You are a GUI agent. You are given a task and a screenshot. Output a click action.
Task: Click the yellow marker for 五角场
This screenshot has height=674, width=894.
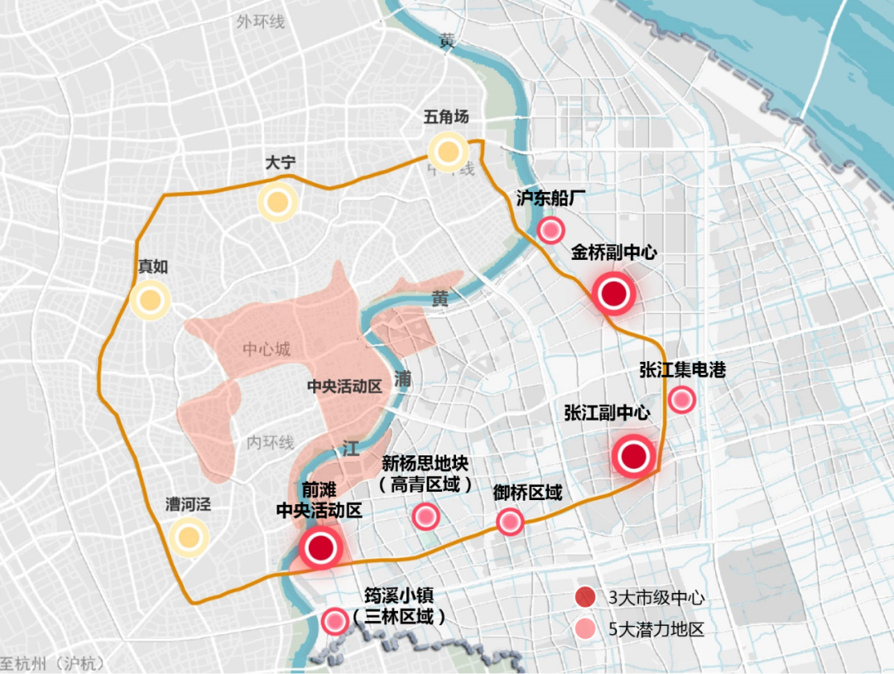(448, 152)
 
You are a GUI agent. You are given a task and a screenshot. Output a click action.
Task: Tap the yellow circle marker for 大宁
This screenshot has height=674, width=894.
(277, 202)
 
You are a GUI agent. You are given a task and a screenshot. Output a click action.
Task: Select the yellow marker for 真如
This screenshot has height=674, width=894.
(150, 301)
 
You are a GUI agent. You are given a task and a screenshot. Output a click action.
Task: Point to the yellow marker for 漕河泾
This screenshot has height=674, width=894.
(188, 537)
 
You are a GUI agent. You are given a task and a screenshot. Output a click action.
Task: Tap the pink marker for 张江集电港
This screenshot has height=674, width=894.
(681, 400)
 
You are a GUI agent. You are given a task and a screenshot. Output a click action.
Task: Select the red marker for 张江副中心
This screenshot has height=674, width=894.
(634, 456)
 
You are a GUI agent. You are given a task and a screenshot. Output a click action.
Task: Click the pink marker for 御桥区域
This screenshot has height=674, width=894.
(509, 522)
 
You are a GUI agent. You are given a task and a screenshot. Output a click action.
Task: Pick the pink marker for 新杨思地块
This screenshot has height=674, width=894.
(425, 517)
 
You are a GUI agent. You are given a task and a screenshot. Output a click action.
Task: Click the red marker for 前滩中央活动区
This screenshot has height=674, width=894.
(320, 547)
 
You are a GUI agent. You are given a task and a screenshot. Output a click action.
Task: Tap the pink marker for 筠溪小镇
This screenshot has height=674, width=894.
(334, 620)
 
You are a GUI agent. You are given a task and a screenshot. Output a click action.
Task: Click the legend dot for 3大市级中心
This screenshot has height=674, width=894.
(585, 597)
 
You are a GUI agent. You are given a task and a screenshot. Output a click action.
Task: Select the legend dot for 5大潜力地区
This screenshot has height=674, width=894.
(585, 628)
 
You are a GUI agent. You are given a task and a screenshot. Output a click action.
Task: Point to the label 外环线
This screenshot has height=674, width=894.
(260, 22)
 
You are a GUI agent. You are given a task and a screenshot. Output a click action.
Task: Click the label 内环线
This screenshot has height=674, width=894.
(271, 443)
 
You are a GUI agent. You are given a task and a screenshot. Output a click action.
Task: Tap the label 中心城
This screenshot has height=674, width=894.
(267, 349)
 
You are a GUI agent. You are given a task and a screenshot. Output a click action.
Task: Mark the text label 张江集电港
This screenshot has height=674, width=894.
(682, 369)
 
